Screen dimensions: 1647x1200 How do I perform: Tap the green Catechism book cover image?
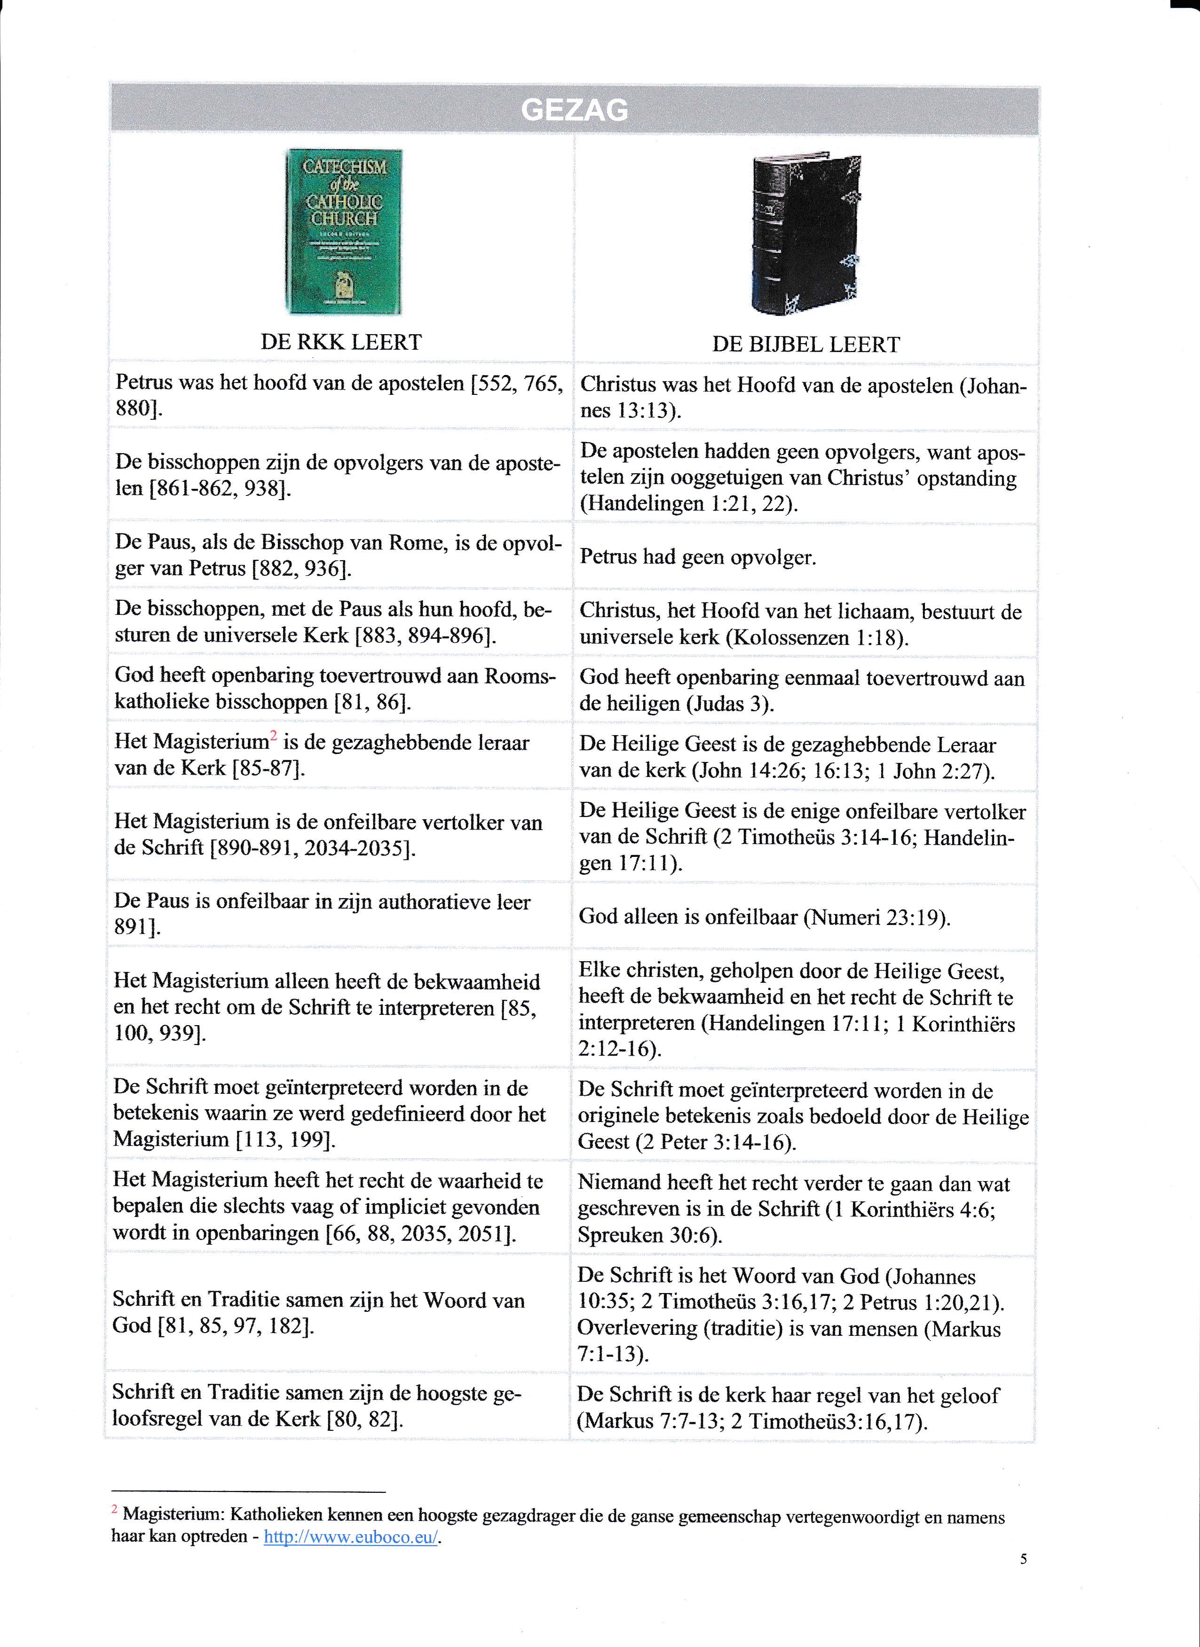(344, 232)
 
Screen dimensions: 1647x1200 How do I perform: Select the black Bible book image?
(805, 233)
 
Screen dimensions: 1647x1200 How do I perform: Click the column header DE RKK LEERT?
(341, 342)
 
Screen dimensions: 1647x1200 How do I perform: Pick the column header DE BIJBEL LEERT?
(805, 344)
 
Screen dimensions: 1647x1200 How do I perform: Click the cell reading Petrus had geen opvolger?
(698, 558)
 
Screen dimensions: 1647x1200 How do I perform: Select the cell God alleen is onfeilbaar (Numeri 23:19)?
(764, 917)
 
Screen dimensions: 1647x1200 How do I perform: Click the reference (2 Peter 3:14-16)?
(716, 1142)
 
